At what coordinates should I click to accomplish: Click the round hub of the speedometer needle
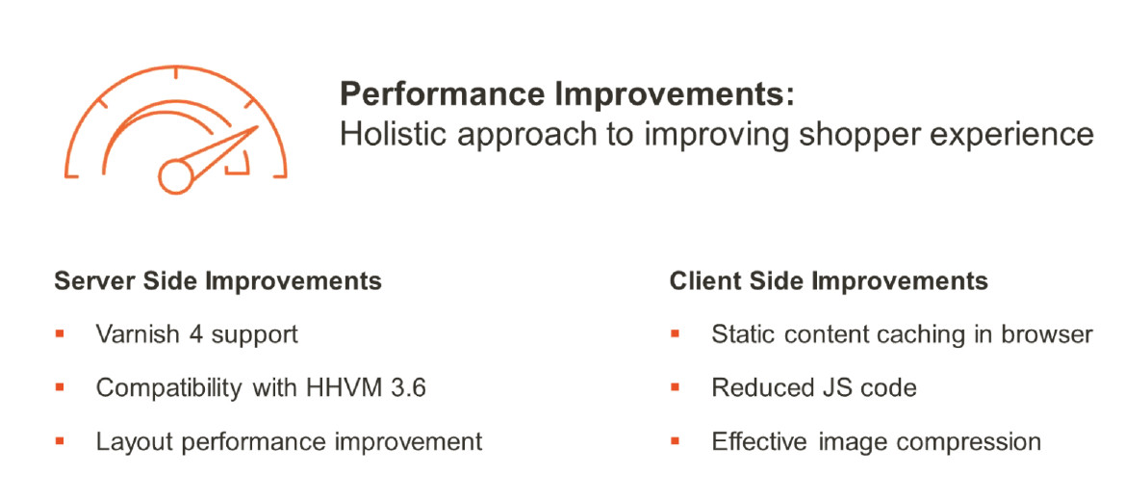[175, 175]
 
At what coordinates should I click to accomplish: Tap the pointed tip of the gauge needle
[257, 127]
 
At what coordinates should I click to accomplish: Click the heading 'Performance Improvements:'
[567, 95]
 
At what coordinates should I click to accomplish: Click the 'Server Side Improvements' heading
[217, 281]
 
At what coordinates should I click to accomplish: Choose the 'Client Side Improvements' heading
[829, 281]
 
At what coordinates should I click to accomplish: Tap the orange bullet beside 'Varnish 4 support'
[60, 333]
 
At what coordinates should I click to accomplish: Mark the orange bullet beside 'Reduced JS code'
[675, 387]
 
